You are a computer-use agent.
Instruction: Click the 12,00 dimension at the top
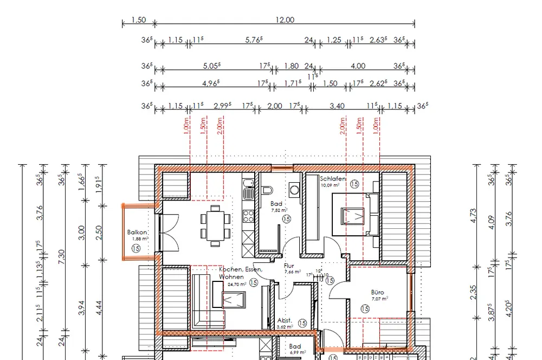285,20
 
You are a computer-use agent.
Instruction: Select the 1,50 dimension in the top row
139,20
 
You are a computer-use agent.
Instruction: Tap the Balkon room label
137,232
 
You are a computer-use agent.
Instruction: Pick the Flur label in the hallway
289,266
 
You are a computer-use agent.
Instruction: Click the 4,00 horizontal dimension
358,66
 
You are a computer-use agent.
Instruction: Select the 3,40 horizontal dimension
337,106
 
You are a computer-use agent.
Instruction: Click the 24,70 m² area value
237,284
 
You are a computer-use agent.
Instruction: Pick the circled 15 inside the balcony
135,248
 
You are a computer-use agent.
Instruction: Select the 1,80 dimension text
291,66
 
